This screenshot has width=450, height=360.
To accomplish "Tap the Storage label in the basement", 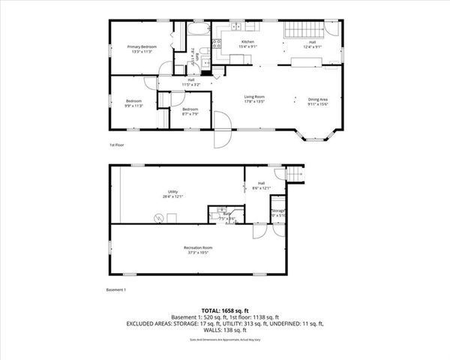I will tap(278, 212).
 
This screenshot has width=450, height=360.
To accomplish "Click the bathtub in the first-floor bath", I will tap(198, 32).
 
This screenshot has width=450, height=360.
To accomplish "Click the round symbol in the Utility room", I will tap(158, 218).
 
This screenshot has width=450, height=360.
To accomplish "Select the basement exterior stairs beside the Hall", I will tap(295, 175).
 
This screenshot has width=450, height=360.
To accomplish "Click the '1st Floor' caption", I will tap(116, 145).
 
